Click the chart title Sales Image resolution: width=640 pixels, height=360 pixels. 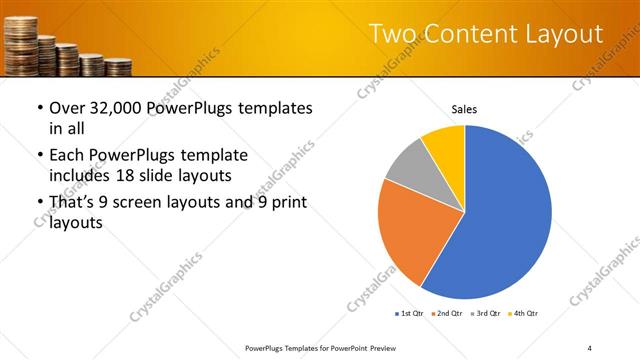(x=464, y=109)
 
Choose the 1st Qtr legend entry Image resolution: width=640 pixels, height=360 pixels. (x=410, y=314)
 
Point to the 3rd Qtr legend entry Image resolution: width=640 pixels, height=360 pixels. (x=486, y=314)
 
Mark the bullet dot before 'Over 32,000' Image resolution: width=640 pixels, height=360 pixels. (x=39, y=108)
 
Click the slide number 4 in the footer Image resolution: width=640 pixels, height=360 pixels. (x=590, y=347)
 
